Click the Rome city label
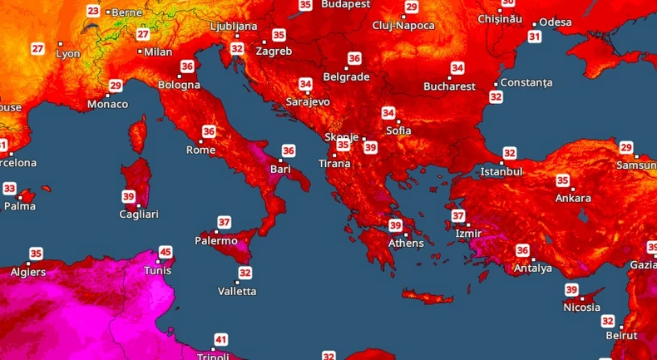pos(200,150)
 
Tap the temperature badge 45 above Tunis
pos(165,252)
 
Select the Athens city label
pos(406,244)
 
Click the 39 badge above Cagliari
pos(129,196)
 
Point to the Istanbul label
pos(501,172)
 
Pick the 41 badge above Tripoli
pos(220,339)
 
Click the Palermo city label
pos(216,241)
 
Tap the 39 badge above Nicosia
pos(572,289)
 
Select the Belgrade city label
pos(346,76)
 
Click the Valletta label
pos(237,291)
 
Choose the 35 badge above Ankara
pos(563,180)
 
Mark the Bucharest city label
pos(449,86)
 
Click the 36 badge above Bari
pos(289,150)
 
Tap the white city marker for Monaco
pos(109,94)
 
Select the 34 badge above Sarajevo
pos(306,84)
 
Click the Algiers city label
pos(28,272)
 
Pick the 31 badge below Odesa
pos(535,37)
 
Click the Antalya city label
pos(533,269)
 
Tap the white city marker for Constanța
pos(496,84)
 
